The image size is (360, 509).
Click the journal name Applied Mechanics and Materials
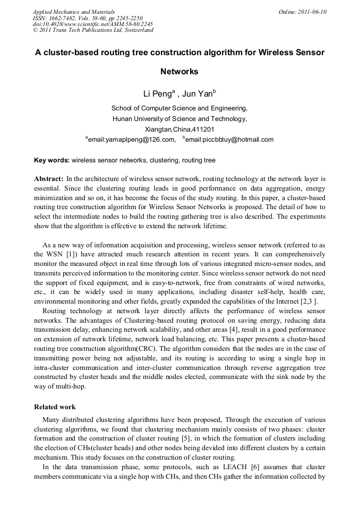[74, 11]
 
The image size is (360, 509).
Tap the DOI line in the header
[93, 24]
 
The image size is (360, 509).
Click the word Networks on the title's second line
[179, 72]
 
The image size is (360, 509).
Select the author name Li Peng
[155, 94]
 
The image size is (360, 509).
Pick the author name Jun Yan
[198, 94]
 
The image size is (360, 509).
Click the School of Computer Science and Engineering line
[179, 108]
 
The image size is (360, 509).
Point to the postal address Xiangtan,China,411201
[179, 129]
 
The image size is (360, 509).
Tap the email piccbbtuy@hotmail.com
[229, 140]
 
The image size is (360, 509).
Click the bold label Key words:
[52, 160]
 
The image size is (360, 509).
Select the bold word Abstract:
[49, 179]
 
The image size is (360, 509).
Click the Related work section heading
[55, 407]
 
